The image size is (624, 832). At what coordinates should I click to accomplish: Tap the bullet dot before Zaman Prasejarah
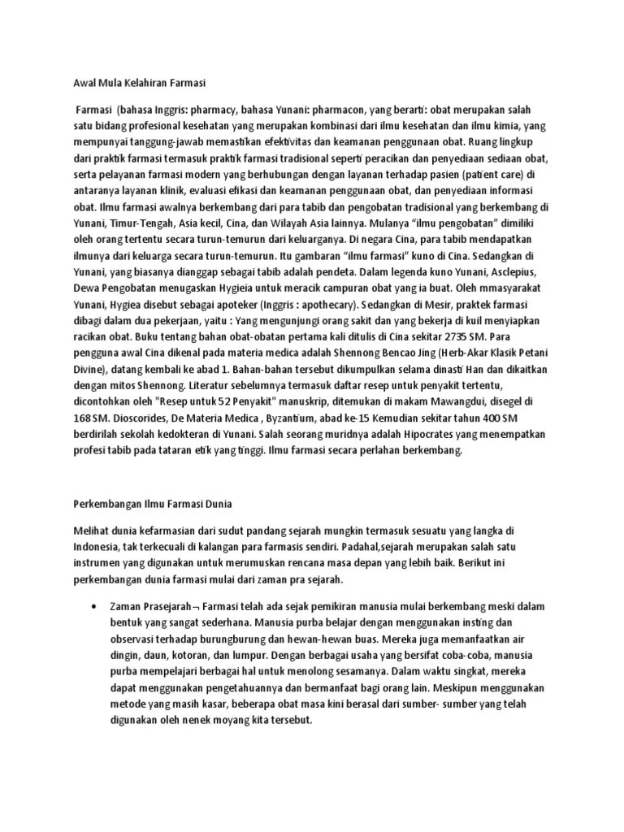coord(96,607)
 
